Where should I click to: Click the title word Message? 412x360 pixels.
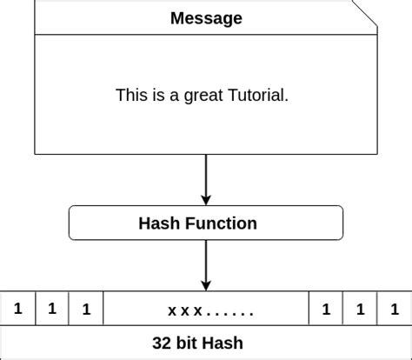point(206,18)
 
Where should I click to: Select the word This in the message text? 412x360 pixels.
point(131,95)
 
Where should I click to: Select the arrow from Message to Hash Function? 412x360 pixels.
point(206,179)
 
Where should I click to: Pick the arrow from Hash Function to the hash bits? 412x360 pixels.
point(206,264)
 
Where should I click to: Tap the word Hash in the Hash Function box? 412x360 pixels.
point(157,223)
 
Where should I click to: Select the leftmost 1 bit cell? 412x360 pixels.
point(17,309)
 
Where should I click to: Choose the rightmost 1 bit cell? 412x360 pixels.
point(395,309)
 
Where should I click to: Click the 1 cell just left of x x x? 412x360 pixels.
point(86,309)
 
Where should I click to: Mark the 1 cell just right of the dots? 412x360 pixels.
point(326,309)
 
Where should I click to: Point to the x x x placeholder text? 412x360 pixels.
point(185,310)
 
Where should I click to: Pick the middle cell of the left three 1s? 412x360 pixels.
point(52,309)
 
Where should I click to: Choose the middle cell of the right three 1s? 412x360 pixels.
point(361,309)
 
